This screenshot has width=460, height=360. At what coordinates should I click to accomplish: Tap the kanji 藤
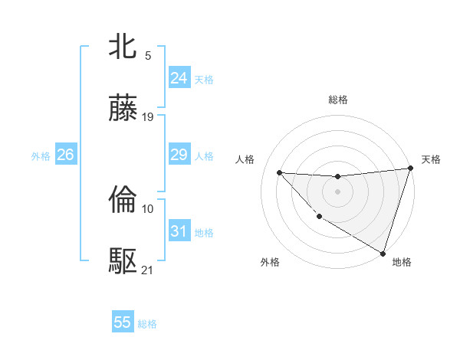coord(123,110)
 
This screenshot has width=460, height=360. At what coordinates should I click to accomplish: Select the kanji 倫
coord(123,201)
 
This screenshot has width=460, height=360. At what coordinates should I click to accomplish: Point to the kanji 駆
coord(123,263)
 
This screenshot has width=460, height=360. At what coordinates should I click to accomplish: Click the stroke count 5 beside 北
coord(148,55)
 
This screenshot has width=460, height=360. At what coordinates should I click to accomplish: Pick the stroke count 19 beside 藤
coord(148,116)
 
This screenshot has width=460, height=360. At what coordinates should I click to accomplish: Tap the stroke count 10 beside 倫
coord(148,208)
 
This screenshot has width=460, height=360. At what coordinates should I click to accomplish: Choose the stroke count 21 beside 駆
coord(148,270)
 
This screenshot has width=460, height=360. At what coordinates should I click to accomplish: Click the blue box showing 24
coord(179,78)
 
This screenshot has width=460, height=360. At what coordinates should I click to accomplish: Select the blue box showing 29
coord(179,155)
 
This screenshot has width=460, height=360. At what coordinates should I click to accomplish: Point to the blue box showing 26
coord(65,155)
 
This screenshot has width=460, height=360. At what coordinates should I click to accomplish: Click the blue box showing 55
coord(123,322)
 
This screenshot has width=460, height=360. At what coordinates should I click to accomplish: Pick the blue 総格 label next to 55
coord(147,324)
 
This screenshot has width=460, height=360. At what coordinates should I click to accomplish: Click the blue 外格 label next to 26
coord(41,156)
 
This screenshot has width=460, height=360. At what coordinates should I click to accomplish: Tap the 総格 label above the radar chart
coord(337,100)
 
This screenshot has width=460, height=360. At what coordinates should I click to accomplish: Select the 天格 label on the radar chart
coord(431,159)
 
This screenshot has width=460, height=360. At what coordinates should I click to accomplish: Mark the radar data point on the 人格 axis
coord(279,172)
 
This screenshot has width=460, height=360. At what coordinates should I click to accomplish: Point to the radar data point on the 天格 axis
coord(410,169)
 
